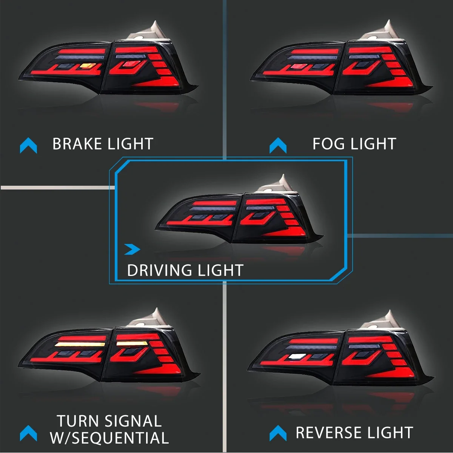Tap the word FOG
(328, 144)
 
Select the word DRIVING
(159, 270)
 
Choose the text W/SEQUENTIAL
(109, 438)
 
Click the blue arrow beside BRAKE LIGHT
(28, 146)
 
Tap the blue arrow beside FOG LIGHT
(278, 146)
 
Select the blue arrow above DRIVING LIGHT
(132, 249)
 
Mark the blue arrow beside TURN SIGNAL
(28, 433)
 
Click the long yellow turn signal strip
(80, 345)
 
